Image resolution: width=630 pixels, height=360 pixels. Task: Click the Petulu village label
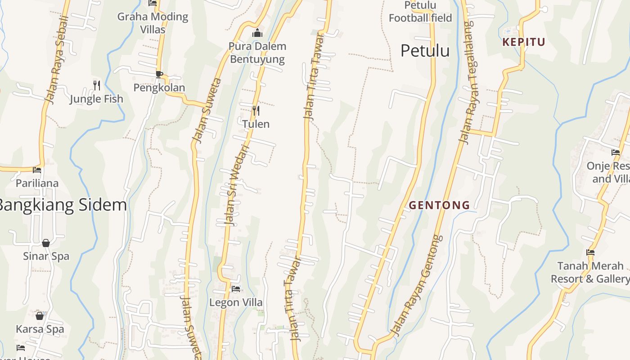pos(425,51)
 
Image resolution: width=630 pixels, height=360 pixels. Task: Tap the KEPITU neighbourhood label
pos(524,42)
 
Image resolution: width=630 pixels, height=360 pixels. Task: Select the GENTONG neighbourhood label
pos(439,205)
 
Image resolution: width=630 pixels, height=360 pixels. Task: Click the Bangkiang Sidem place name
pos(62,205)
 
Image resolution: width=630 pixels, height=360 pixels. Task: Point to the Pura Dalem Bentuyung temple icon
pos(257,33)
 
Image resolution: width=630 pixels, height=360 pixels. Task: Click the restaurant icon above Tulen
pos(256,110)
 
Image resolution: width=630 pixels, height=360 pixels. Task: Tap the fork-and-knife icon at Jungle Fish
pos(96,85)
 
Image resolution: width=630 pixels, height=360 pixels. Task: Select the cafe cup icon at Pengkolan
pos(159,74)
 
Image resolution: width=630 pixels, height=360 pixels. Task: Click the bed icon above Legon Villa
pos(235,288)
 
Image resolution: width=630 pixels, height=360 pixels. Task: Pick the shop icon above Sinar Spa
pos(46,243)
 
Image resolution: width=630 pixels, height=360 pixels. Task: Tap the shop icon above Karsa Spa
pos(40,315)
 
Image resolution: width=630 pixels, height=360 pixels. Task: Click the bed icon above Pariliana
pos(37,170)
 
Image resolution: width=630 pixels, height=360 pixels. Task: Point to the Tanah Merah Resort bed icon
pos(590,252)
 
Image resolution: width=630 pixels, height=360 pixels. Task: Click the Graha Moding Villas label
pos(153,23)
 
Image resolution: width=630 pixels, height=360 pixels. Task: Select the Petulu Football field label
pos(420,12)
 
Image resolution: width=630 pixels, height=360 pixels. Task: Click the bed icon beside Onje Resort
pos(616,153)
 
